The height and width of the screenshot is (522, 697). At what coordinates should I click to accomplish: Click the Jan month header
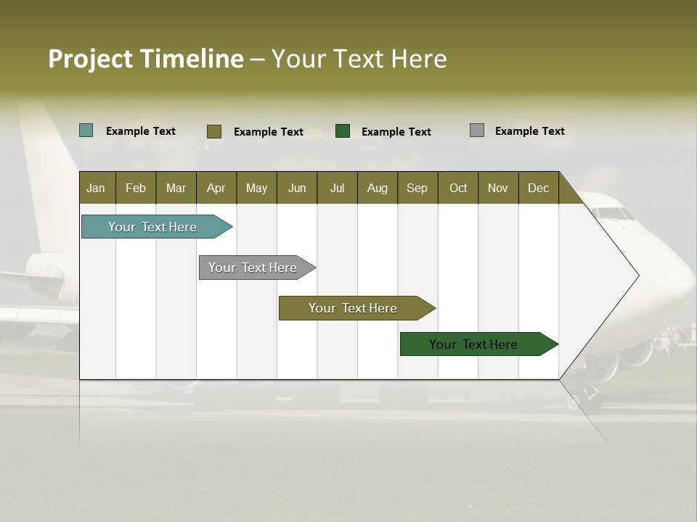(96, 188)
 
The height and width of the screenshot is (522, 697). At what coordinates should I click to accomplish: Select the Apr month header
(216, 188)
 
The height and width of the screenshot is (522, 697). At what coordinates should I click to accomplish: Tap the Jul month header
(337, 188)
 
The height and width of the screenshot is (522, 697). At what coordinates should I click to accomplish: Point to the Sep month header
(417, 188)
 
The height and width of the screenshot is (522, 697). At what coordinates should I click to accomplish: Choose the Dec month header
(538, 188)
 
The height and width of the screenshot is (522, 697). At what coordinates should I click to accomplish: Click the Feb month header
(136, 188)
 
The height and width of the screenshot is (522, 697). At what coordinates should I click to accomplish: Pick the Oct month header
(458, 188)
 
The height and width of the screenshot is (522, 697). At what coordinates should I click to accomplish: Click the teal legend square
(86, 130)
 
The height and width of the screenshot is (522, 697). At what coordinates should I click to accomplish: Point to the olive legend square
(214, 131)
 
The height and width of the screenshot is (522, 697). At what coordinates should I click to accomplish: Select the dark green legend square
(343, 131)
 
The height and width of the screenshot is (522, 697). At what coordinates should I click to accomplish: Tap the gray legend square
(477, 130)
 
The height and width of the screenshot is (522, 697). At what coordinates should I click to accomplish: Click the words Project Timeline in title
(145, 59)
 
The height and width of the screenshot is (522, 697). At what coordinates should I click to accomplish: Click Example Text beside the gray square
(529, 131)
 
